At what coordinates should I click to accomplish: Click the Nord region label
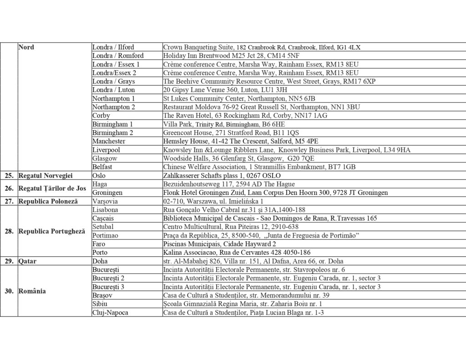(27, 47)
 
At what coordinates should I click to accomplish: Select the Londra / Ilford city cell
(113, 47)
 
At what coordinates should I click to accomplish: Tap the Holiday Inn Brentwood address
(231, 56)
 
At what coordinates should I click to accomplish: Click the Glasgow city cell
(105, 158)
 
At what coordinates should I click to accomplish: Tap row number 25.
(9, 175)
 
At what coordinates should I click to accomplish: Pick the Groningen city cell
(108, 193)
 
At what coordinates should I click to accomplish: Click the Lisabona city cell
(105, 209)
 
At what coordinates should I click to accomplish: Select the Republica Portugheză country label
(51, 231)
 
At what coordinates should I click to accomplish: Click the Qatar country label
(27, 261)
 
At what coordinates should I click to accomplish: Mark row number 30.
(9, 291)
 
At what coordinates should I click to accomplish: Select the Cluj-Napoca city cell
(110, 312)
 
